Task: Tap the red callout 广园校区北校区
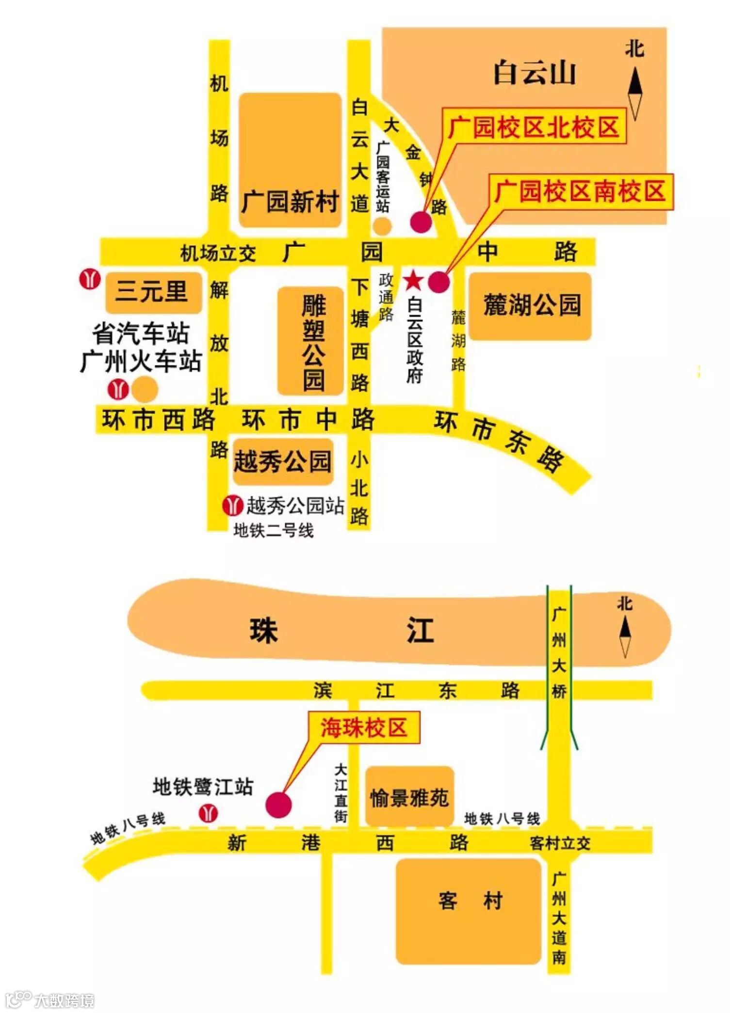pos(534,127)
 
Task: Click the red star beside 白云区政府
pos(413,280)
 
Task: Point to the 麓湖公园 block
pos(531,306)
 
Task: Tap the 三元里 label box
pos(152,292)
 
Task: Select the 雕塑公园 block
pos(311,341)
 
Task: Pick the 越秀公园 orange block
pos(283,461)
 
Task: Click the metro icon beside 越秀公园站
pos(233,506)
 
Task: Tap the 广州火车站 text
pos(141,362)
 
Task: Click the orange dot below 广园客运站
pos(382,226)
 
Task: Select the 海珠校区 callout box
pos(364,728)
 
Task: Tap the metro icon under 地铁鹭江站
pos(209,813)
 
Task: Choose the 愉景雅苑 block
pos(409,797)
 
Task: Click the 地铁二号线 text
pos(274,530)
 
